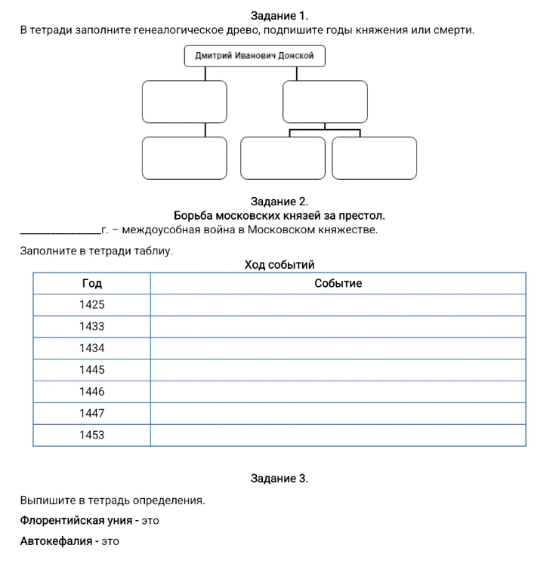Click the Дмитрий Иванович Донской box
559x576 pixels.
tap(255, 56)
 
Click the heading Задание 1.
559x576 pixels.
tap(279, 16)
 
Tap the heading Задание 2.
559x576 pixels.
tap(279, 202)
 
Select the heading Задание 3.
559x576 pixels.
tap(279, 479)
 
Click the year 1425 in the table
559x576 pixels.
tap(92, 304)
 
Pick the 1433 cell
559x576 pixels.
tap(92, 326)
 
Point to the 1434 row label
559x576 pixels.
tap(92, 348)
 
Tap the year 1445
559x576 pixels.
tap(92, 370)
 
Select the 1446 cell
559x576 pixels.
tap(92, 392)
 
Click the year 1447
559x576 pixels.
tap(92, 413)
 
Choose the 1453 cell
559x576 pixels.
tap(92, 435)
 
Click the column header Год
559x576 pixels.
tap(92, 283)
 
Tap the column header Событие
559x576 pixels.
tap(338, 283)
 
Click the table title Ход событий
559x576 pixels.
tap(279, 264)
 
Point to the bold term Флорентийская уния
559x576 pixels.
tap(76, 521)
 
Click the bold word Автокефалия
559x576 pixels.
tap(56, 541)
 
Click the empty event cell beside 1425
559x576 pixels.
tap(338, 305)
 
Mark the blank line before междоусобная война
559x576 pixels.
tap(60, 233)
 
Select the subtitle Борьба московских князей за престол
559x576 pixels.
tap(279, 216)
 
